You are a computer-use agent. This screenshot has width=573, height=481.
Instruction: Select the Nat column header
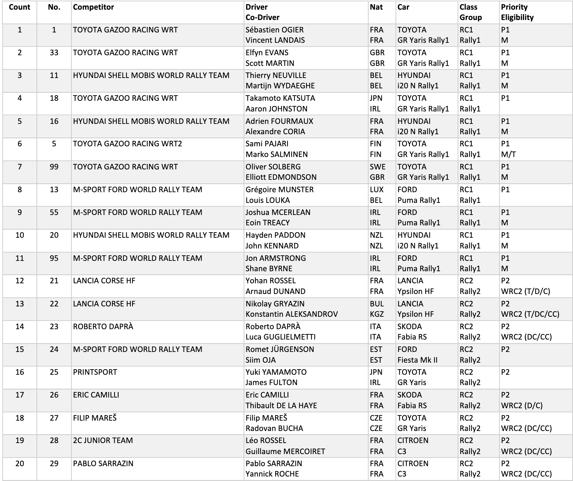click(x=376, y=7)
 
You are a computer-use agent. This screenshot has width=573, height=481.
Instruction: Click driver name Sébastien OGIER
click(x=274, y=30)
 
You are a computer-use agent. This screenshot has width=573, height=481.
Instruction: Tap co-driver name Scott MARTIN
click(x=270, y=63)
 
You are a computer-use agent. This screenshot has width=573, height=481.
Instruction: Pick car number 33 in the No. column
click(x=54, y=53)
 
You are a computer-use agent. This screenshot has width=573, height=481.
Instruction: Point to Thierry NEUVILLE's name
click(x=276, y=76)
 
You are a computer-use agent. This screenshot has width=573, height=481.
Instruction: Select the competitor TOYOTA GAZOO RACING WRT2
click(x=127, y=144)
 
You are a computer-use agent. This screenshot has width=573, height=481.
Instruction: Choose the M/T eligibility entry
click(x=508, y=155)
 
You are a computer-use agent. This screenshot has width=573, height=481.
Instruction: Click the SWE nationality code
click(x=377, y=167)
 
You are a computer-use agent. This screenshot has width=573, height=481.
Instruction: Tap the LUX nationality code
click(x=376, y=190)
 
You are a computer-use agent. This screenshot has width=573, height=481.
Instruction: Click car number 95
click(x=54, y=258)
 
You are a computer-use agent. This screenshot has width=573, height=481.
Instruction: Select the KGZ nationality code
click(x=377, y=314)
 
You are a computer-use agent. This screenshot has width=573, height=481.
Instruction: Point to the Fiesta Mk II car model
click(x=417, y=360)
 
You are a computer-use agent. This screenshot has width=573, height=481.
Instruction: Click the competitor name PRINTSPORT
click(x=95, y=372)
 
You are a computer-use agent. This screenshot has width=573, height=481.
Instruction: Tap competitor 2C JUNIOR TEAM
click(x=103, y=441)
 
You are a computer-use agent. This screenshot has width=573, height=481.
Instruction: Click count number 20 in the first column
click(x=20, y=464)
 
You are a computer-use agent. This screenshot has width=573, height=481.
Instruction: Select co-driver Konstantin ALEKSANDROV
click(x=292, y=314)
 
